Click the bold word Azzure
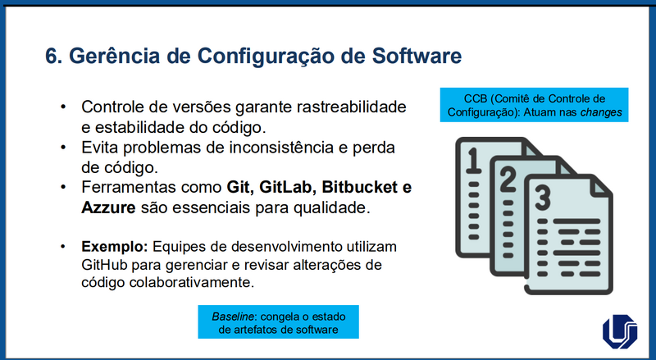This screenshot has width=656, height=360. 108,207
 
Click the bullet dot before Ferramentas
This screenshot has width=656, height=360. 64,188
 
